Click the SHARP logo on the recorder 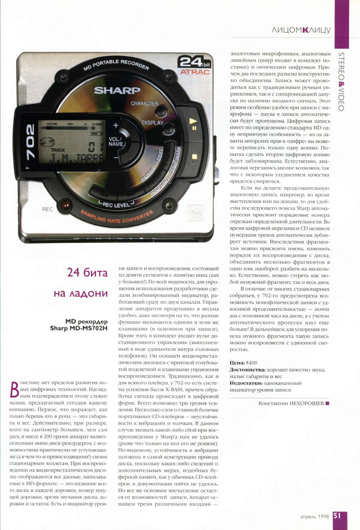[x=117, y=90]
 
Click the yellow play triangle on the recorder [x=194, y=121]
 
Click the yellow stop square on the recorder [x=194, y=156]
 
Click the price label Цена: [x=237, y=363]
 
